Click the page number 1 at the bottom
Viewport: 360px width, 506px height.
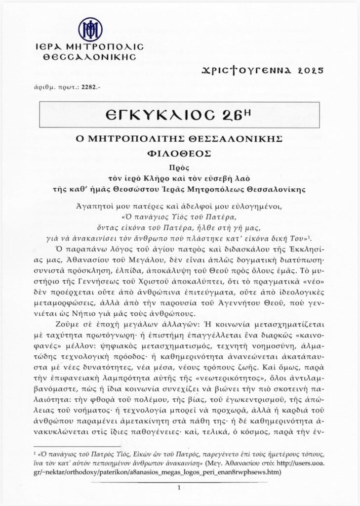click(x=179, y=487)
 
